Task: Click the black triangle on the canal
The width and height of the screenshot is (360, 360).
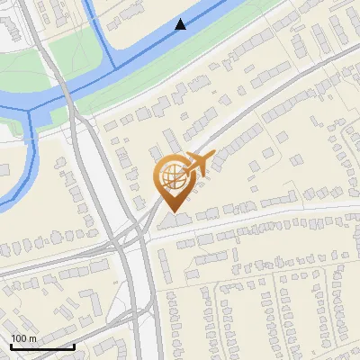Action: click(181, 24)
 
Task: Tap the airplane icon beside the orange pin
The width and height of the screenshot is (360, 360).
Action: click(200, 165)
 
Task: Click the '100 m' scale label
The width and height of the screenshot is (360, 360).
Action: click(24, 338)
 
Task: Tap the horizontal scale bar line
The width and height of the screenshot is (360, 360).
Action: click(42, 346)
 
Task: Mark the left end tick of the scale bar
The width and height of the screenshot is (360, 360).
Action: click(11, 345)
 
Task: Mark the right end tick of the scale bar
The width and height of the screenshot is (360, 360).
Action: click(74, 345)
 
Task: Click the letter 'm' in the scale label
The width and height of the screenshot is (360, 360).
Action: click(32, 338)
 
